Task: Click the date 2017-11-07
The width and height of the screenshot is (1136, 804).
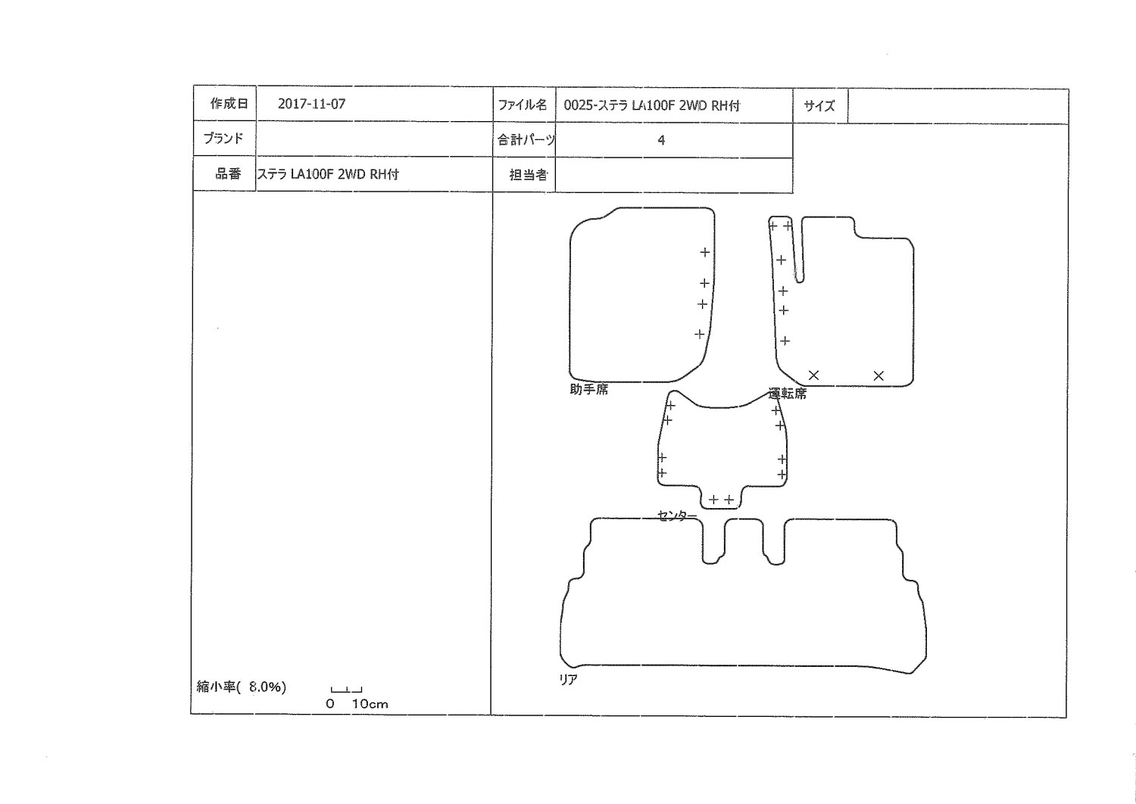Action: point(311,104)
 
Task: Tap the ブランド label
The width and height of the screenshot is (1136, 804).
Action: point(223,139)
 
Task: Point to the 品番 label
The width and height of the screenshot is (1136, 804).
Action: point(228,174)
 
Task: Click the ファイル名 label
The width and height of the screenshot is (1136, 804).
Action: point(522,105)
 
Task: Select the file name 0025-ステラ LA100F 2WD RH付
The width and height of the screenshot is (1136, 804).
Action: point(651,105)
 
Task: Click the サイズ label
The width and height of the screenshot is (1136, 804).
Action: point(819,106)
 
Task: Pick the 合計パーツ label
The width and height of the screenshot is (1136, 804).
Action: point(526,140)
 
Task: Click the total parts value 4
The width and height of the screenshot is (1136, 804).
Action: point(661,140)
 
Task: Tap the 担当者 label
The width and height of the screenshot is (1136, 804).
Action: point(529,175)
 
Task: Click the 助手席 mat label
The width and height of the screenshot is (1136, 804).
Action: point(588,389)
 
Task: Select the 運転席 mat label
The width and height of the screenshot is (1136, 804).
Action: point(787,394)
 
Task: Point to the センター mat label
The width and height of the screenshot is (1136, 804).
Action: point(677,516)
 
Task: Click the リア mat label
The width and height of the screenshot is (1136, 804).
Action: point(568,680)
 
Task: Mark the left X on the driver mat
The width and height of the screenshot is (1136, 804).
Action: point(813,376)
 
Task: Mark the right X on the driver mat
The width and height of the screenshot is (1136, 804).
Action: point(879,376)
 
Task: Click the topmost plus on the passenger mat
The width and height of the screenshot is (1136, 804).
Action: point(705,252)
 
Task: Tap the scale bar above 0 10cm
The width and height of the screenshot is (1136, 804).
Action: point(346,690)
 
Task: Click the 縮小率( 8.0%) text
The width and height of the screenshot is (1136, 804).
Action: point(242,687)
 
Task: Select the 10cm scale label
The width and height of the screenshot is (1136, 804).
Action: point(370,704)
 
